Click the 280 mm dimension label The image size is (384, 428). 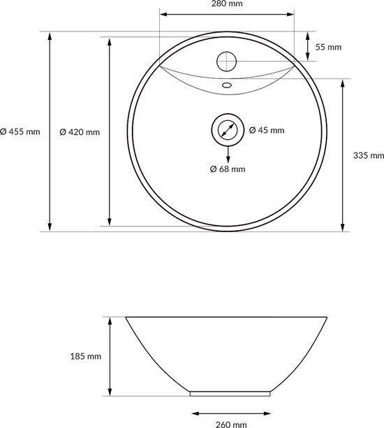227,3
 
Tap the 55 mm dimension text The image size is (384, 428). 328,47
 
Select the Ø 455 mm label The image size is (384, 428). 20,131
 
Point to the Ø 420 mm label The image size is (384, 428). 80,132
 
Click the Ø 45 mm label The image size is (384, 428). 267,130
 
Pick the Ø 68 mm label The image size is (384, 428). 228,169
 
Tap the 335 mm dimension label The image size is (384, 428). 369,155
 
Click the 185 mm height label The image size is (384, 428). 86,356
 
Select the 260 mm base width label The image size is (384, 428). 231,425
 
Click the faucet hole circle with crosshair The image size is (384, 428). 226,62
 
